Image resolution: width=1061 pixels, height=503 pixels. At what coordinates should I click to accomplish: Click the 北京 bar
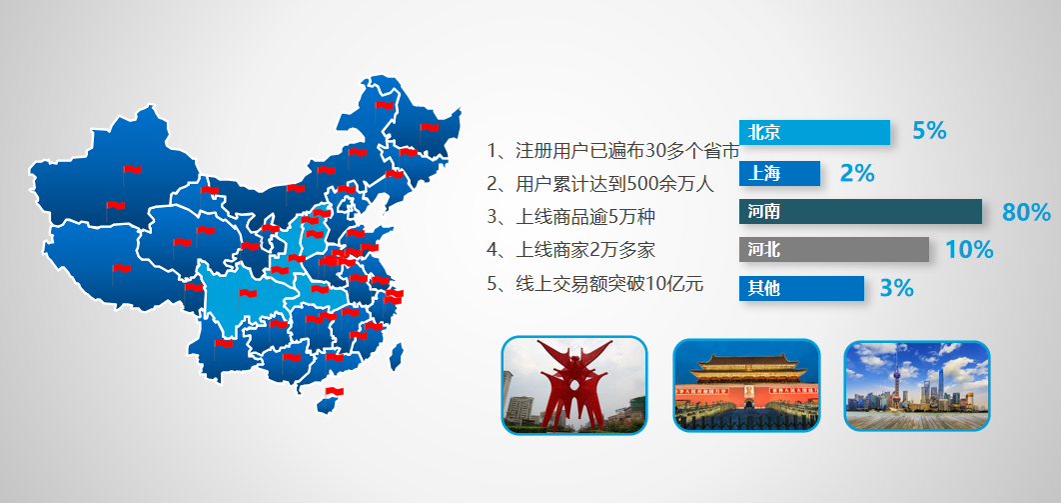click(814, 132)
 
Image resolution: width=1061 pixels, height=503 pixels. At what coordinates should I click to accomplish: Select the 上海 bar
click(779, 173)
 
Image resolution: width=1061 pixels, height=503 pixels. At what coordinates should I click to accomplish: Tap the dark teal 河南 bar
click(860, 212)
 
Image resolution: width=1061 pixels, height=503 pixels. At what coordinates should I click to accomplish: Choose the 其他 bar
click(801, 288)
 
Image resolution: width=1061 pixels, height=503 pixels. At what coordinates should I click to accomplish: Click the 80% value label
click(1026, 213)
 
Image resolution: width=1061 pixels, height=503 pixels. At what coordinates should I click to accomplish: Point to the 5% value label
click(929, 131)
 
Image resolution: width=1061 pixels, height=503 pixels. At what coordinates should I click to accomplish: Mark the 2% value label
click(856, 174)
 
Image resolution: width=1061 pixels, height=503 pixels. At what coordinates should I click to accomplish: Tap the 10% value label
click(969, 250)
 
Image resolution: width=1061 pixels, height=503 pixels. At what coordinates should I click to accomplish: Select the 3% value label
click(896, 288)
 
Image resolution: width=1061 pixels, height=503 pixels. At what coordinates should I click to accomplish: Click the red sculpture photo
click(573, 385)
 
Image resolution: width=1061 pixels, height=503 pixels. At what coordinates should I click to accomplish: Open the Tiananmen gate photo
click(746, 385)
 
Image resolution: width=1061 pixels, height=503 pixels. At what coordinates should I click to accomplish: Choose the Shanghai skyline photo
click(917, 385)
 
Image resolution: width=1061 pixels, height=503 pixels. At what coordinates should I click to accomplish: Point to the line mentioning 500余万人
click(600, 183)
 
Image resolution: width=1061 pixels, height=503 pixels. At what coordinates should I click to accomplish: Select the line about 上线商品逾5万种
click(570, 217)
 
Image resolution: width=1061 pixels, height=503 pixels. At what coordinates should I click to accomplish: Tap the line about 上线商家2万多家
click(570, 250)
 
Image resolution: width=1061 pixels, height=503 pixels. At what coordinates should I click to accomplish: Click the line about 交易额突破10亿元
click(594, 284)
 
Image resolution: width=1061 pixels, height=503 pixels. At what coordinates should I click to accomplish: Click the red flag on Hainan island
click(335, 392)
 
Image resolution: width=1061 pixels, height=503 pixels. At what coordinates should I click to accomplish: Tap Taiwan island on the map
click(397, 356)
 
